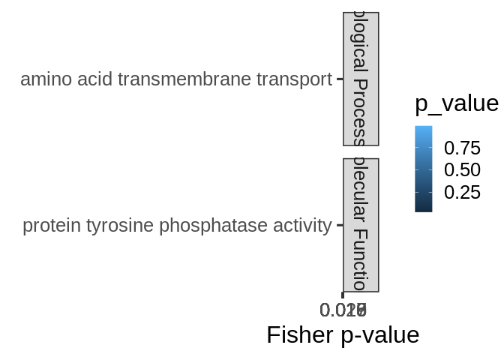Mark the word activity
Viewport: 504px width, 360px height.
pos(299,225)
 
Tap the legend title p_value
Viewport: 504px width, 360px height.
pos(456,103)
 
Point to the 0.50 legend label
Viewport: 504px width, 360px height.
pos(461,169)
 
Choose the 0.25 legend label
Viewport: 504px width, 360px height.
pos(461,193)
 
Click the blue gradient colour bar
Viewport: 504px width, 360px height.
pos(424,169)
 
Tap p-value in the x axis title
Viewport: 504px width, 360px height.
pos(379,334)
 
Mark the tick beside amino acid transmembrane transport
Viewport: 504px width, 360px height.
pos(339,79)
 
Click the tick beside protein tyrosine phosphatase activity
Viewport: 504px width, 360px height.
pos(339,225)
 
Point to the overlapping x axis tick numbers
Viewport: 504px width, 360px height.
pos(343,310)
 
